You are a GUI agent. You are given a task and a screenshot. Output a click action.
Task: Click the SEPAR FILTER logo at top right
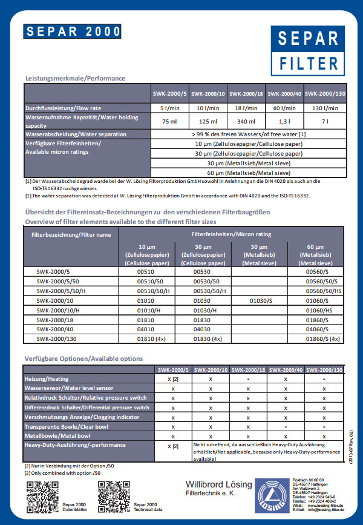pyautogui.click(x=309, y=50)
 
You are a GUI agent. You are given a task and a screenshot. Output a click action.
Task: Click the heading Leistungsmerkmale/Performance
pyautogui.click(x=75, y=78)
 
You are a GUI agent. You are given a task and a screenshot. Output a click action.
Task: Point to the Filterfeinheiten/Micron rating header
pyautogui.click(x=232, y=234)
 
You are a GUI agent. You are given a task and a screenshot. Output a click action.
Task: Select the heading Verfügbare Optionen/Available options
pyautogui.click(x=83, y=359)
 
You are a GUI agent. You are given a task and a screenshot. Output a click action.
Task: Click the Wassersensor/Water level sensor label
pyautogui.click(x=68, y=388)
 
